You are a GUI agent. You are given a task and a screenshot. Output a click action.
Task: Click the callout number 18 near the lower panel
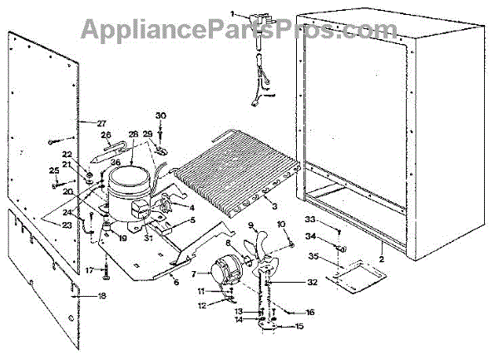(x=101, y=296)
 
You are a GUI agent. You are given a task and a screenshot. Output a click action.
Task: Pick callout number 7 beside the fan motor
(x=195, y=274)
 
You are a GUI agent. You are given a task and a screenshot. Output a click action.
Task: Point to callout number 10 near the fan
(x=280, y=224)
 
